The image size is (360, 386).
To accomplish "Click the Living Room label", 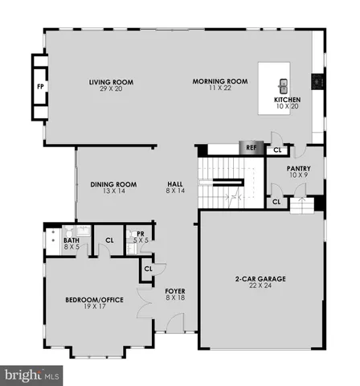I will pyautogui.click(x=111, y=82).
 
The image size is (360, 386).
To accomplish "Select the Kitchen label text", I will pyautogui.click(x=286, y=100).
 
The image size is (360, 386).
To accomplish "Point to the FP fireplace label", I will pyautogui.click(x=39, y=85).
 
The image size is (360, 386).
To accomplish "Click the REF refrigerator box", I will pyautogui.click(x=250, y=149).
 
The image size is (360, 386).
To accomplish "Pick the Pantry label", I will pyautogui.click(x=299, y=169).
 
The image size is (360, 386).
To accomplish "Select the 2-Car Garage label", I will pyautogui.click(x=261, y=279).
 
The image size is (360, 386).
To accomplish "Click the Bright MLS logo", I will pyautogui.click(x=32, y=375).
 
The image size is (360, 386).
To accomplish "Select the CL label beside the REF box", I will pyautogui.click(x=278, y=150).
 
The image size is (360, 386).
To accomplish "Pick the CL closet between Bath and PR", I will pyautogui.click(x=109, y=240).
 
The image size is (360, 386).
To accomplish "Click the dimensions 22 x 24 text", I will pyautogui.click(x=261, y=286).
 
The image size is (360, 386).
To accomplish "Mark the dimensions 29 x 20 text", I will pyautogui.click(x=111, y=88).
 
